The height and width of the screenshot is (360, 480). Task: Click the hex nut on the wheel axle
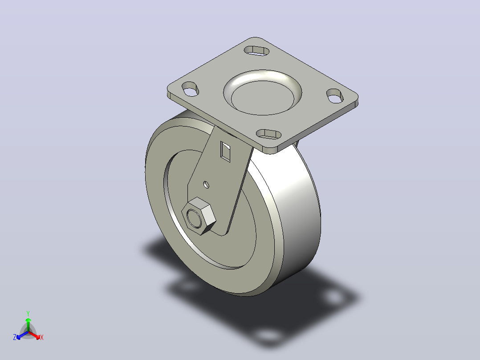199,216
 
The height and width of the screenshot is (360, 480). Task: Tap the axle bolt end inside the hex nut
194,218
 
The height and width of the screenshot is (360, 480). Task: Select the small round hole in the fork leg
207,184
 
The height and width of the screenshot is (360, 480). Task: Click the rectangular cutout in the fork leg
225,151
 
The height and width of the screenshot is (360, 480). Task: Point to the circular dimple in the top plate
263,93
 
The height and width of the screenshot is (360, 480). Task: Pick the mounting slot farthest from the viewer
256,50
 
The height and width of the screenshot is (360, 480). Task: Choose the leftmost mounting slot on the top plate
191,89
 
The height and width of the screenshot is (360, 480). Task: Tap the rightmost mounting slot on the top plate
334,96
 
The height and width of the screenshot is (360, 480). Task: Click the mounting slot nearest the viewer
268,134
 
